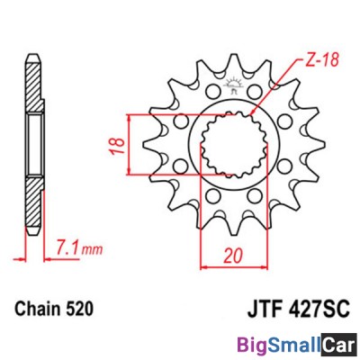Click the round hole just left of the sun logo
[210, 92]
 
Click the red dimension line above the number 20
[234, 267]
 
